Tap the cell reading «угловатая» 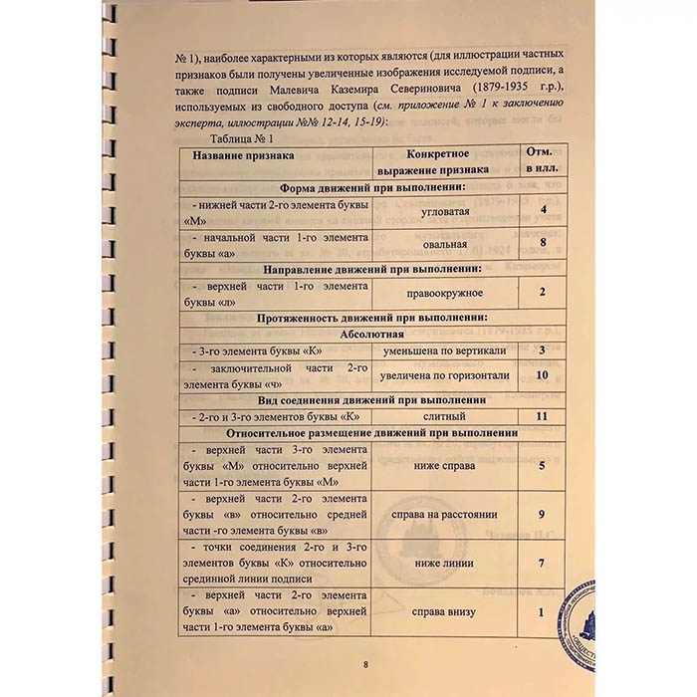pos(445,212)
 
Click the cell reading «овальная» pos(445,241)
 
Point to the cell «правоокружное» pos(445,293)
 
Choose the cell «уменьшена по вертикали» pos(445,350)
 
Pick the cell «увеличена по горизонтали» pos(445,375)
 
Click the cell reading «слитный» pos(445,414)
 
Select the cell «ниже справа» pos(445,464)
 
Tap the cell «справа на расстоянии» pos(445,515)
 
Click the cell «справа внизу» pos(445,611)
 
